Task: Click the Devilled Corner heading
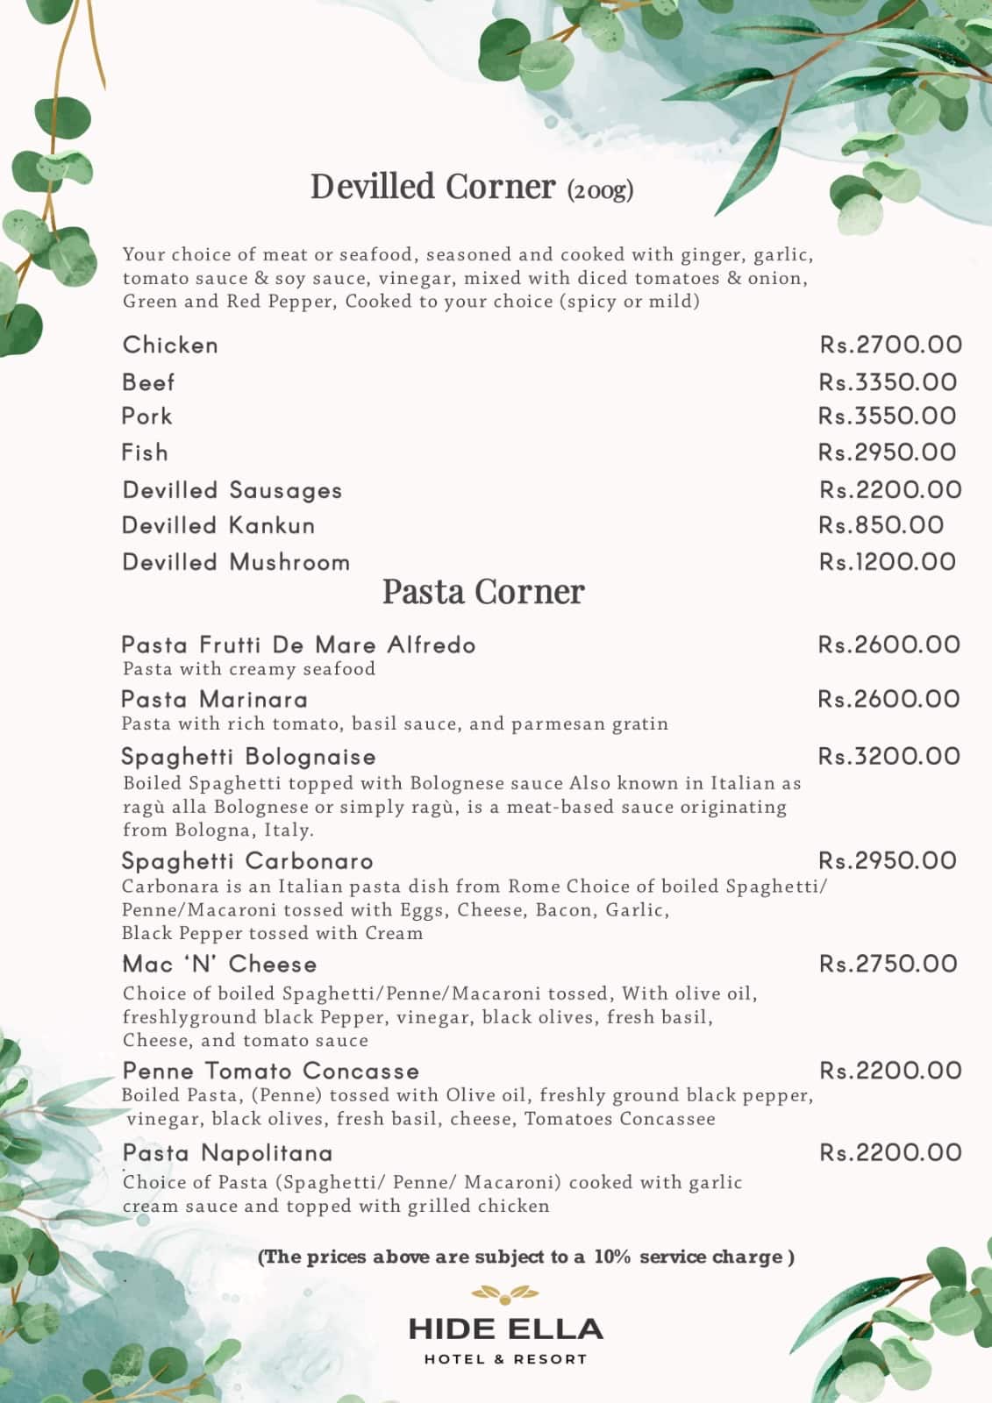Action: [433, 187]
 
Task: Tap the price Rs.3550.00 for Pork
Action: [887, 416]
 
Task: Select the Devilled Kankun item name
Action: [218, 525]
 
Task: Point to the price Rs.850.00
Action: [881, 525]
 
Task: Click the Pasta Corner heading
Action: [483, 592]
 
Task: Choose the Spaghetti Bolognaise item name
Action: [249, 757]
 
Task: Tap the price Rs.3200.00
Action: [889, 756]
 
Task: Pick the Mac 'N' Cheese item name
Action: [219, 965]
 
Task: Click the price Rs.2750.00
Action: [888, 964]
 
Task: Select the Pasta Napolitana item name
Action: [228, 1152]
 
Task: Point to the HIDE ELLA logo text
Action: [506, 1329]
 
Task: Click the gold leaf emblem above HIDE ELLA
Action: [506, 1292]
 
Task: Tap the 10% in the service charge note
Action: [612, 1257]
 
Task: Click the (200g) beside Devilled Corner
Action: [600, 189]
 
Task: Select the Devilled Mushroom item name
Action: [236, 562]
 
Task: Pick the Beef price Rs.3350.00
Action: [888, 382]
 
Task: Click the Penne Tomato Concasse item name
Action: [271, 1071]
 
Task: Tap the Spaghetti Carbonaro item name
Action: [247, 861]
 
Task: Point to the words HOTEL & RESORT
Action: [506, 1359]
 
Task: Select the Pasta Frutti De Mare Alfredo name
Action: [298, 645]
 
